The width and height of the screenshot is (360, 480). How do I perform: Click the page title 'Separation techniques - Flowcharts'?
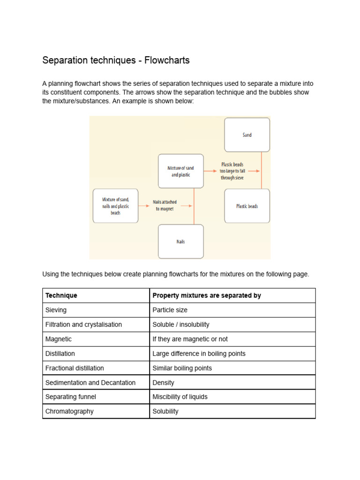click(116, 60)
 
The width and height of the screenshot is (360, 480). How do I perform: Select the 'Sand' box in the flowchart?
click(247, 135)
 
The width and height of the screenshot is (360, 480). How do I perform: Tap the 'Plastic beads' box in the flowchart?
click(247, 206)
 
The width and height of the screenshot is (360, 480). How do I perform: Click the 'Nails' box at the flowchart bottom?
click(180, 242)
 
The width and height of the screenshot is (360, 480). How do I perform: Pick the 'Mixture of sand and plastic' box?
click(180, 171)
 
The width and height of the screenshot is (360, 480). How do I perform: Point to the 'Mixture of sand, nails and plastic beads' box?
click(115, 206)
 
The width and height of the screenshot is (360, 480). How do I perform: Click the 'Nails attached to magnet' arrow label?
click(165, 205)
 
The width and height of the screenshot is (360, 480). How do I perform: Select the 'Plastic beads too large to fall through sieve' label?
click(232, 171)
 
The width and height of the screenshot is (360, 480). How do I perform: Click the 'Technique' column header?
click(61, 295)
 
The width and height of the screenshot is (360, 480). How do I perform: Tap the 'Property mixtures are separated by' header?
click(207, 295)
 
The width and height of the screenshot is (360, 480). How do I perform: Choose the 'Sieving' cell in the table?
click(56, 310)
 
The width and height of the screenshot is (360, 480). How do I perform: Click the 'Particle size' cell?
click(170, 310)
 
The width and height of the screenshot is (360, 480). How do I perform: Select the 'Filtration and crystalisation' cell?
click(83, 324)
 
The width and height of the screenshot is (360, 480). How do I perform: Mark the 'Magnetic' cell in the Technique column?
click(58, 339)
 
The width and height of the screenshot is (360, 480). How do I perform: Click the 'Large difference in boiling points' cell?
click(199, 353)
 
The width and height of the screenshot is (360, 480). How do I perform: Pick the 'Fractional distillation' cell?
click(75, 368)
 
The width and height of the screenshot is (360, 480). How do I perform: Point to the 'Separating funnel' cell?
click(71, 397)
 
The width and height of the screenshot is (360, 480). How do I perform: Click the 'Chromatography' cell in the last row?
click(69, 411)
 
